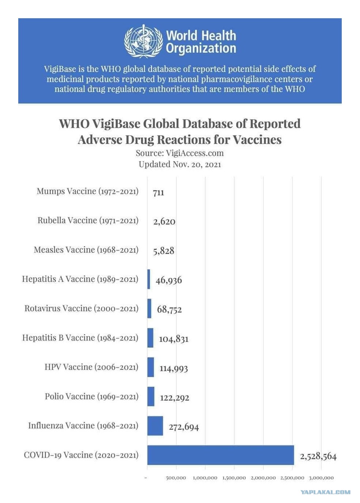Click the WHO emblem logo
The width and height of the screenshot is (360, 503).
[143, 41]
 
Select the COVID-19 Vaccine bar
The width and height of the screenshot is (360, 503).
[221, 455]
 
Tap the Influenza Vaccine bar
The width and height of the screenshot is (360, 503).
[155, 426]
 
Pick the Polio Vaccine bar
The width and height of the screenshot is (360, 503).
[151, 396]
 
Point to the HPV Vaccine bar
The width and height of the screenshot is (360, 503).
[150, 367]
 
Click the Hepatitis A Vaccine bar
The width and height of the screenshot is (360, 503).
[149, 279]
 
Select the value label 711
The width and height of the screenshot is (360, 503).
[158, 193]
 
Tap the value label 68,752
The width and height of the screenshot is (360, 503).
[169, 310]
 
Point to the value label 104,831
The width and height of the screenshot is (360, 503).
[174, 339]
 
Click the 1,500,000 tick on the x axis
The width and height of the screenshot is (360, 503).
[234, 478]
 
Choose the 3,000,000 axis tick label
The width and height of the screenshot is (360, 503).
[321, 478]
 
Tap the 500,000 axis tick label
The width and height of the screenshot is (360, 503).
[176, 478]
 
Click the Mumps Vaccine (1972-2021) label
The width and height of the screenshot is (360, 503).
[88, 191]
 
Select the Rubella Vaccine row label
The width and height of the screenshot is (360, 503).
[88, 221]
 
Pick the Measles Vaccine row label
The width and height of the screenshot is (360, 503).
[86, 250]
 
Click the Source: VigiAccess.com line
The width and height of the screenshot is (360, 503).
[180, 153]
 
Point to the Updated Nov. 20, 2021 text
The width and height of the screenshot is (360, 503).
[180, 165]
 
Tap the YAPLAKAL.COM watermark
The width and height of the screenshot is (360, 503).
[326, 492]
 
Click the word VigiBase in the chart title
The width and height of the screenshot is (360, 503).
[116, 124]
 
